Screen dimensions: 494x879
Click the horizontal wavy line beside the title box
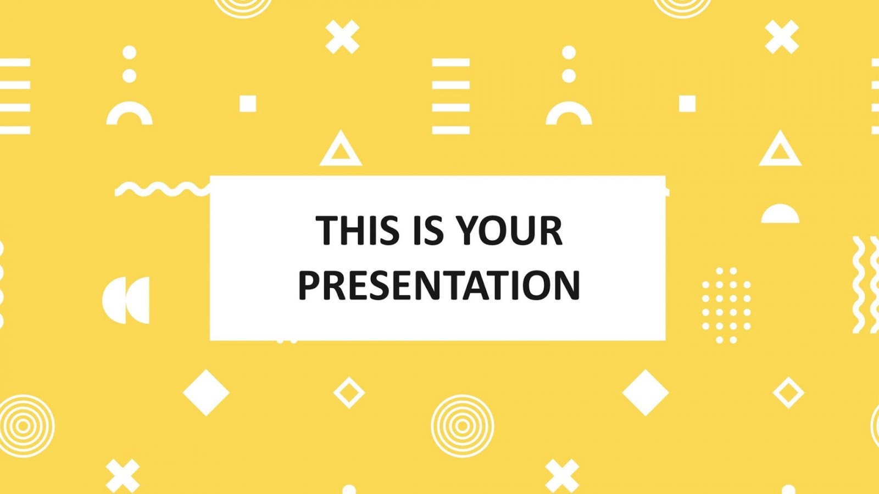162,189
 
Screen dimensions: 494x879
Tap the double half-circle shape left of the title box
126,300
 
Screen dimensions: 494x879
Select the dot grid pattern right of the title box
726,305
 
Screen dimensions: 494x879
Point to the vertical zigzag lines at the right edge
866,284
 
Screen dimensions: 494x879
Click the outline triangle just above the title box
341,149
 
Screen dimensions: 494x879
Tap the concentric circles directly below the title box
462,425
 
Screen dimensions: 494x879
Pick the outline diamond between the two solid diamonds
349,392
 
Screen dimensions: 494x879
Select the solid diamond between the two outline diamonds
646,392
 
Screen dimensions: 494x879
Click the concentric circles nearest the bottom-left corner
24,425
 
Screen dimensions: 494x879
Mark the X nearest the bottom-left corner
123,475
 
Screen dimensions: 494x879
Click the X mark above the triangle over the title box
342,37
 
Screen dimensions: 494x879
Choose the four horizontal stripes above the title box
451,96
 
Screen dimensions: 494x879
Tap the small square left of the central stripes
248,103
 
